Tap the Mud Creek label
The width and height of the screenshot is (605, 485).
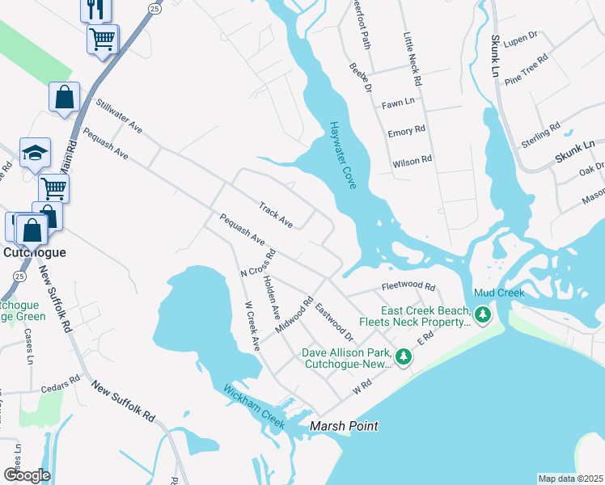tap(499, 293)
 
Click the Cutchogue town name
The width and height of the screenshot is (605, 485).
tap(33, 252)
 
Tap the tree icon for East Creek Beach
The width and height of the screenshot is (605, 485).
tap(483, 314)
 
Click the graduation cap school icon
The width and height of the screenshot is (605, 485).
tap(36, 152)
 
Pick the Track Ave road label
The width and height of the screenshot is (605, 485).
tap(275, 214)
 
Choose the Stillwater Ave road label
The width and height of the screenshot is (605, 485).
tap(119, 116)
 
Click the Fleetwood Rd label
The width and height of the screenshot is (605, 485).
tap(408, 286)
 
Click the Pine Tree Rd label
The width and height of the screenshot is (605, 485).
tap(526, 70)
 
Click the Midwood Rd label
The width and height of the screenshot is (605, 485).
tap(294, 316)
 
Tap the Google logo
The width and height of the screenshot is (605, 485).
tap(27, 474)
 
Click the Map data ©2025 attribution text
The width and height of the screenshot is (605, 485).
tap(571, 479)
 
